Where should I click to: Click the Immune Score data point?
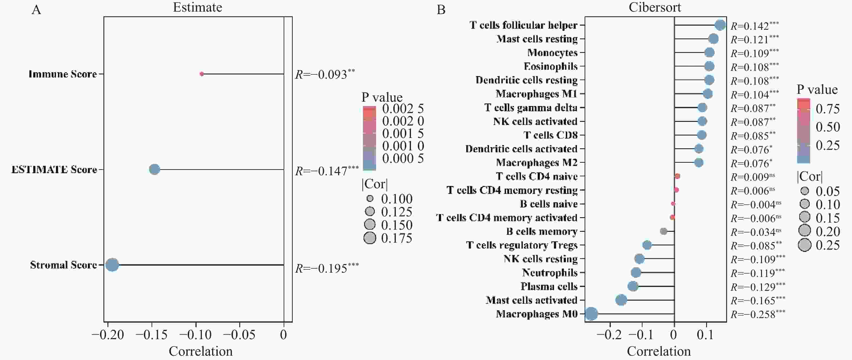click(202, 74)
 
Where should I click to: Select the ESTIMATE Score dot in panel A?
click(154, 169)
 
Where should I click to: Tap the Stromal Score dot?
click(112, 265)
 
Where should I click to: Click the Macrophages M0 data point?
click(591, 314)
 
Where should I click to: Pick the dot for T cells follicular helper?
click(720, 25)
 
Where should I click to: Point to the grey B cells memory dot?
click(663, 231)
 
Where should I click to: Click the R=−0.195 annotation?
click(327, 268)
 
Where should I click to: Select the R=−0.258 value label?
click(758, 314)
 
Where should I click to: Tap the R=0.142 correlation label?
click(754, 26)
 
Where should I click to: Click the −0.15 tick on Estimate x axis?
click(152, 335)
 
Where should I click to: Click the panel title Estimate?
click(197, 7)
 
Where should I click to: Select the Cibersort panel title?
click(655, 7)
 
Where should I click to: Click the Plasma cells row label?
click(549, 286)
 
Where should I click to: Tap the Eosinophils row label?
click(550, 66)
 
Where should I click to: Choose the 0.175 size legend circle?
click(370, 238)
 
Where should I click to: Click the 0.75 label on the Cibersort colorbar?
click(828, 109)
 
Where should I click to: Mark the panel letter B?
click(441, 10)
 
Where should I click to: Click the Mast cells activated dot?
click(621, 300)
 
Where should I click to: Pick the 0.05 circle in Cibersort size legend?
click(805, 191)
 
